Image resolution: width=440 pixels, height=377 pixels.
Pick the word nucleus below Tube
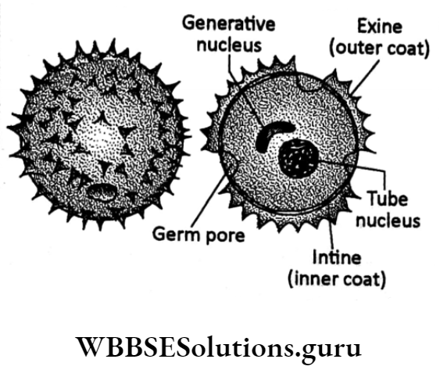[388, 221]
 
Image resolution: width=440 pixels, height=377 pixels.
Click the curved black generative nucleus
[273, 134]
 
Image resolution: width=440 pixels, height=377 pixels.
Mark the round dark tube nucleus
[298, 160]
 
